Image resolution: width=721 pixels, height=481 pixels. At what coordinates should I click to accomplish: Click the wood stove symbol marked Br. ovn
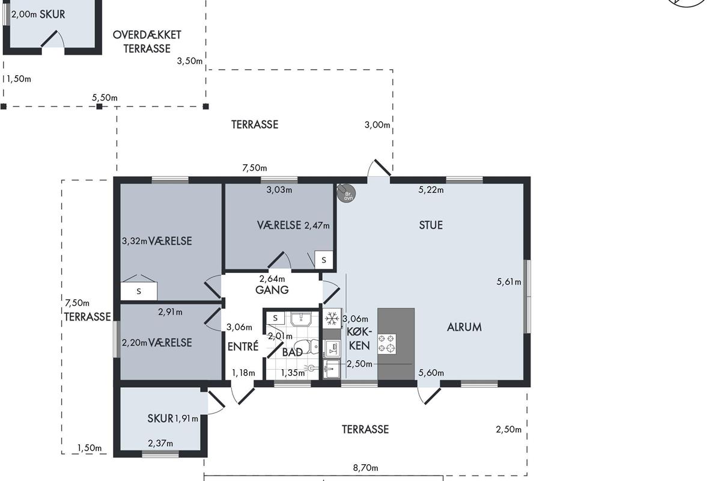click(x=346, y=194)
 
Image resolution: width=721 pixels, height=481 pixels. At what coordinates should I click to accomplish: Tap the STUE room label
click(x=431, y=225)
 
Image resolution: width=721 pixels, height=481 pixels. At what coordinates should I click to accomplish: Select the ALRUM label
click(x=464, y=327)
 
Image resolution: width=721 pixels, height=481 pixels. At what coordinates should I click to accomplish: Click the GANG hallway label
click(x=272, y=290)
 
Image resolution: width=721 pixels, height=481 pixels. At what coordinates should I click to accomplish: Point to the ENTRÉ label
click(x=243, y=346)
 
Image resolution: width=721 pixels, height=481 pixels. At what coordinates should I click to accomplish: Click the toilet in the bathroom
click(x=306, y=347)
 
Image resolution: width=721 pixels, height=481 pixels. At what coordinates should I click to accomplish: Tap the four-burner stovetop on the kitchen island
click(x=387, y=344)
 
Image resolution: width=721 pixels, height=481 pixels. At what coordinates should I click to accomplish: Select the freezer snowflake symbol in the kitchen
click(x=332, y=319)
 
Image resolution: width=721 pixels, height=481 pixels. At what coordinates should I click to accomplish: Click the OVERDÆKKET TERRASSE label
click(x=147, y=41)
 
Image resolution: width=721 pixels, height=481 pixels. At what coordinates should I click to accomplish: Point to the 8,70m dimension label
click(x=366, y=468)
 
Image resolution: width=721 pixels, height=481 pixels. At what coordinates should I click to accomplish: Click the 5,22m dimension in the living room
click(x=431, y=190)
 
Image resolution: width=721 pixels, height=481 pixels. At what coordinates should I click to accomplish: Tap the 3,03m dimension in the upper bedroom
click(x=279, y=190)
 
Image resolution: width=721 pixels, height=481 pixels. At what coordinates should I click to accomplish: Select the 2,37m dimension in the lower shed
click(x=160, y=443)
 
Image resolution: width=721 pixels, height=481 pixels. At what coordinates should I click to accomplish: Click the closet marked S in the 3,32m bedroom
click(x=139, y=291)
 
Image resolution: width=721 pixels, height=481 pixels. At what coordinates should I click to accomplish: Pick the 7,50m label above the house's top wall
click(x=255, y=168)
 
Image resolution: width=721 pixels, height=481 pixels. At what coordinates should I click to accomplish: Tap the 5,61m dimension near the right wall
click(x=509, y=282)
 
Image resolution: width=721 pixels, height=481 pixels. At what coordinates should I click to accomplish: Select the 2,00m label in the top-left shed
click(x=24, y=14)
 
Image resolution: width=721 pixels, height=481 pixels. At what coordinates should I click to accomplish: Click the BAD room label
click(x=292, y=352)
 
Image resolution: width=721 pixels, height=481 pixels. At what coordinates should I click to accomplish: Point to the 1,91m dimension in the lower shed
click(x=186, y=418)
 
